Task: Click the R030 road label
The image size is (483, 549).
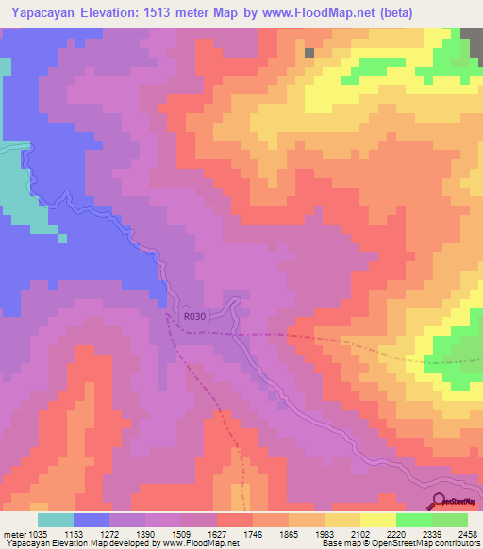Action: coord(194,318)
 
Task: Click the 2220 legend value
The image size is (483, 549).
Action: coord(411,533)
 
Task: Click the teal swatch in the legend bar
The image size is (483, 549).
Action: coord(56,520)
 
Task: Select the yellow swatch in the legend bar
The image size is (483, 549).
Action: coord(377,520)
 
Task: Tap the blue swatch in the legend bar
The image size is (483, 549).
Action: coord(92,520)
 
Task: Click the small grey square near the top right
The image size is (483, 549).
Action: coord(309,53)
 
